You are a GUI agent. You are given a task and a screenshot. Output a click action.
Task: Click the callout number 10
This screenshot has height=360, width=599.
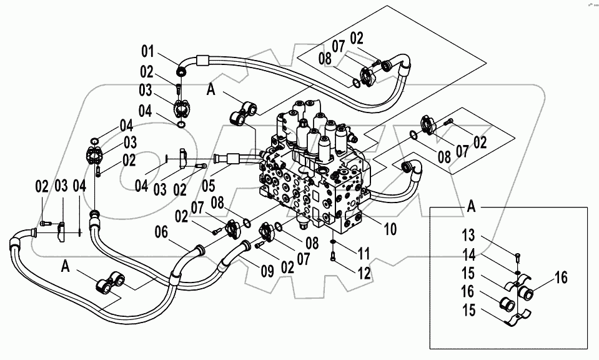pyautogui.click(x=390, y=230)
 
